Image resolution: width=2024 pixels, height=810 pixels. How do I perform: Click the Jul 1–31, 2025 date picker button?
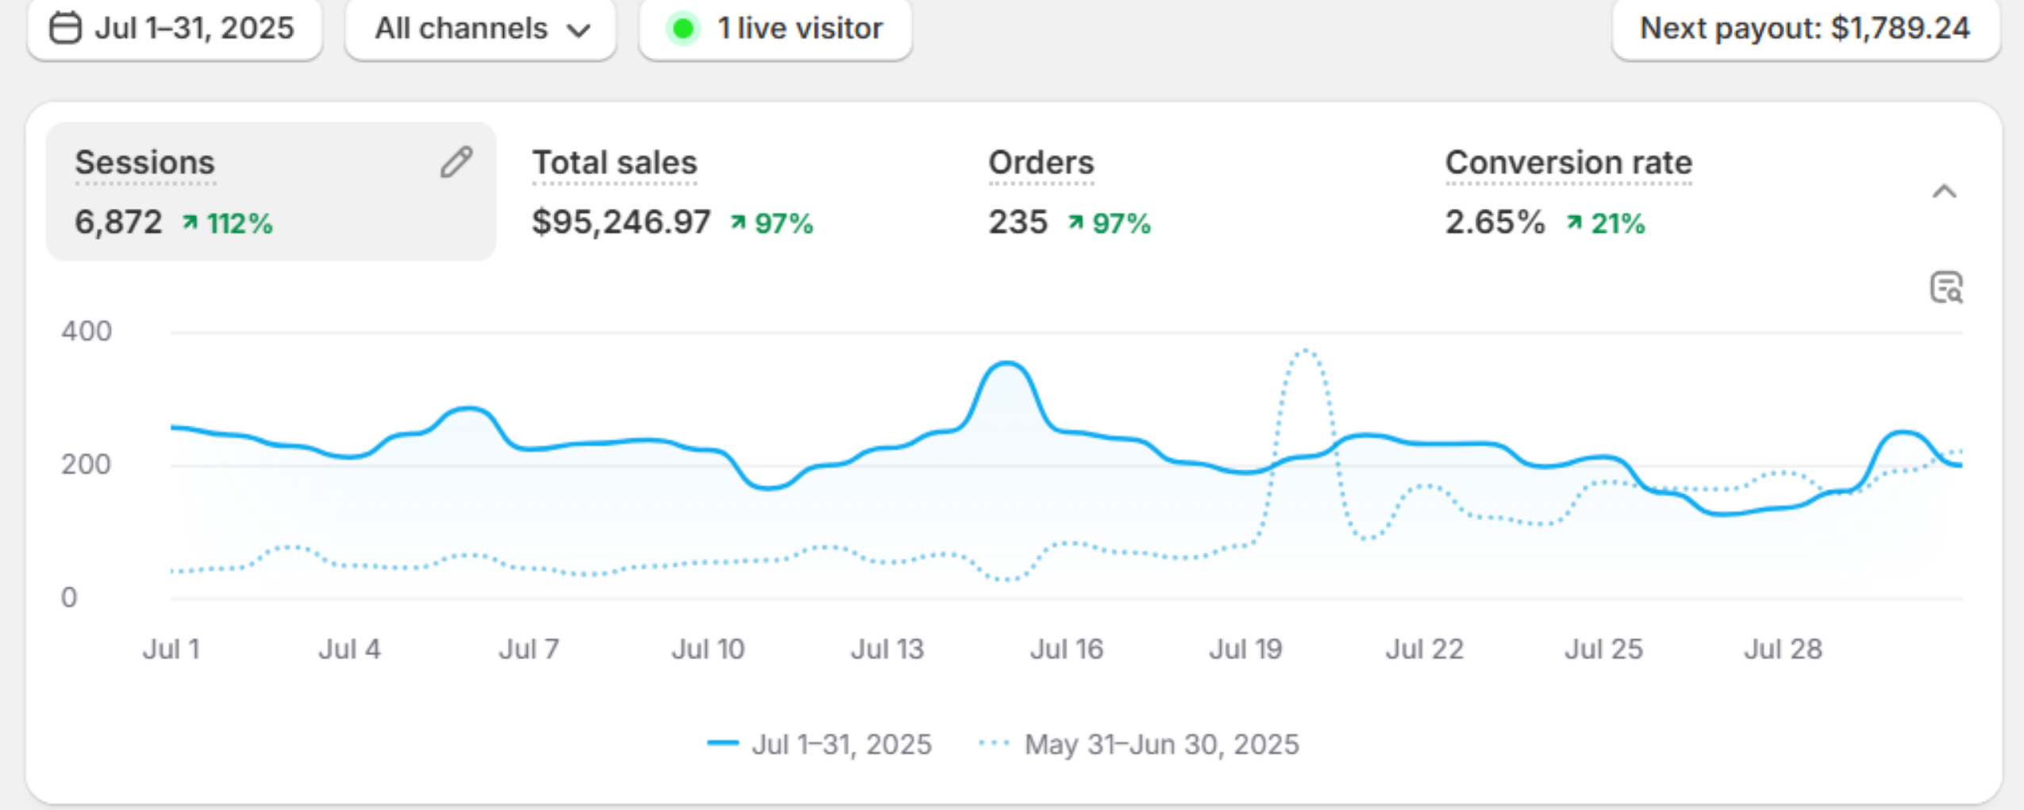(x=174, y=29)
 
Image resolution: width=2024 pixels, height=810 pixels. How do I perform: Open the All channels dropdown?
(x=481, y=29)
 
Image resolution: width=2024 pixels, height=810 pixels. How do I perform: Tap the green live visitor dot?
(x=683, y=29)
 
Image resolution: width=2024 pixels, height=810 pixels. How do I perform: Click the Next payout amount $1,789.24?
(x=1899, y=29)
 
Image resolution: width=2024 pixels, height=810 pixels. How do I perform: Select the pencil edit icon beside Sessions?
(x=456, y=162)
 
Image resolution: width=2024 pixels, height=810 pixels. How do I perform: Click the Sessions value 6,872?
(x=118, y=222)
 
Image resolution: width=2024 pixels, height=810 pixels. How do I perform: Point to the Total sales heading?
(x=614, y=163)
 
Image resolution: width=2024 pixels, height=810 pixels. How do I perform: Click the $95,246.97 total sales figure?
(x=621, y=222)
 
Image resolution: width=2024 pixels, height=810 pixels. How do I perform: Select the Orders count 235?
(x=1018, y=222)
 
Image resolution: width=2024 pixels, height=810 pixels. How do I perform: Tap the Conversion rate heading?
(x=1568, y=163)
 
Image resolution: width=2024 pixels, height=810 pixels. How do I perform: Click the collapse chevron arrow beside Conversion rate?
(x=1944, y=191)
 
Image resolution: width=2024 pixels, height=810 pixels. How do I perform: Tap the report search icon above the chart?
(x=1945, y=287)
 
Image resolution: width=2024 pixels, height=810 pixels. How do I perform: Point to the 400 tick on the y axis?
(x=87, y=331)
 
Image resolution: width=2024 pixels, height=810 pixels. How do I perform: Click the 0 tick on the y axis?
(x=69, y=597)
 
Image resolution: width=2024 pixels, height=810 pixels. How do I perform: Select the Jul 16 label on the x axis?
(x=1066, y=650)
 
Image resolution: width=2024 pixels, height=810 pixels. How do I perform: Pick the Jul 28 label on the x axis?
(x=1783, y=650)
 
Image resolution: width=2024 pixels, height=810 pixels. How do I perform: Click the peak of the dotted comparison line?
(x=1306, y=350)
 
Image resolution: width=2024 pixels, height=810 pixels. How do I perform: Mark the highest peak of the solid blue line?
(x=1006, y=364)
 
